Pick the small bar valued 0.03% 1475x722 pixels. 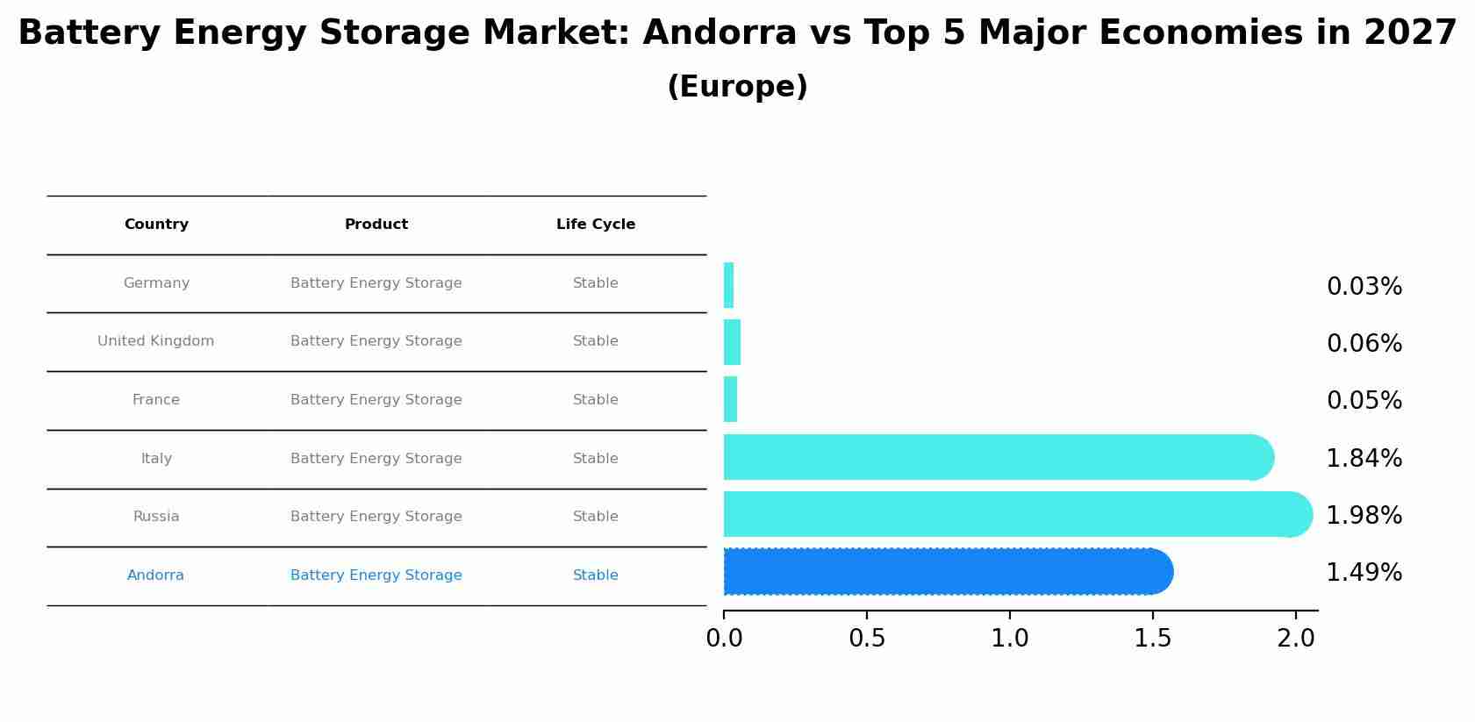pos(728,285)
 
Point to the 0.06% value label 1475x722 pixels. pos(1364,344)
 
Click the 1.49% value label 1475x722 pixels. pos(1364,573)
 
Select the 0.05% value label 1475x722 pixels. pos(1364,401)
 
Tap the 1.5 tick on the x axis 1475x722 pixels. pos(1152,639)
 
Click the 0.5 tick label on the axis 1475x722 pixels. pos(866,639)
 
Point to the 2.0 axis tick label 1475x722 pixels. pos(1295,639)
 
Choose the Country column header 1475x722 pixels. pos(156,225)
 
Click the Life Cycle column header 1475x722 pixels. pos(595,225)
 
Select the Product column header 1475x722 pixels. pos(376,225)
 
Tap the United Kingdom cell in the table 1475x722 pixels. pos(155,341)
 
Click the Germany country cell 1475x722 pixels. pos(156,283)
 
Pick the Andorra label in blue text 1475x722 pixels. pos(155,575)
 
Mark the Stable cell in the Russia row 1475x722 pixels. pos(595,517)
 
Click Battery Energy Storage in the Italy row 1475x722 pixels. pos(376,459)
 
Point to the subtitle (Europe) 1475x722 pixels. pos(737,87)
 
